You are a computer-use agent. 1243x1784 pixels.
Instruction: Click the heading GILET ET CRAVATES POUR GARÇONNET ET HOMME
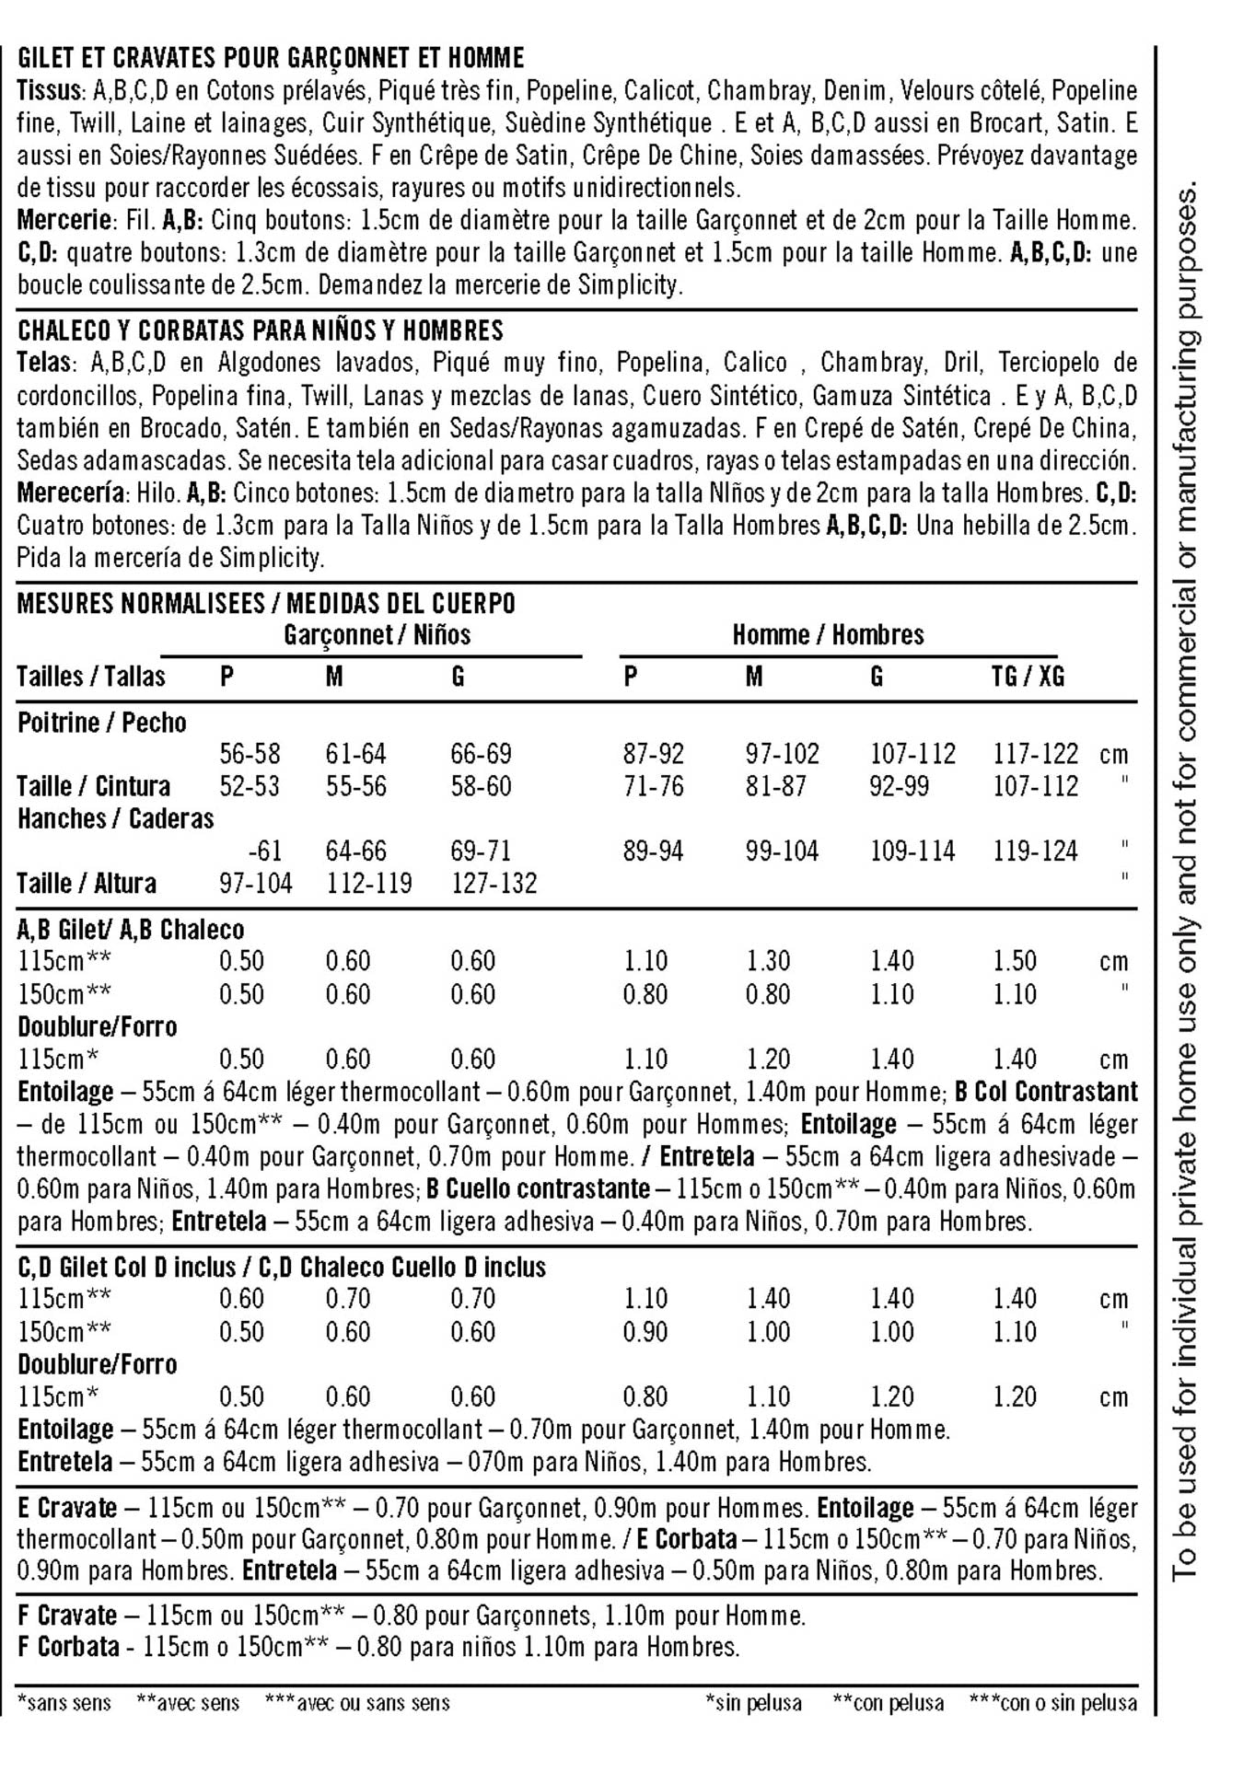coord(271,58)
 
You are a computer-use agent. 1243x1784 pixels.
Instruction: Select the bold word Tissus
coord(50,91)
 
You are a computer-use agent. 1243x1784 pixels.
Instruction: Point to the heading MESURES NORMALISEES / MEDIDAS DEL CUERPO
coord(266,604)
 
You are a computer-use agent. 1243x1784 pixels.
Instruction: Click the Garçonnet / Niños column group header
coord(377,634)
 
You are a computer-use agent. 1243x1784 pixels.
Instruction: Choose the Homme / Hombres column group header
coord(828,634)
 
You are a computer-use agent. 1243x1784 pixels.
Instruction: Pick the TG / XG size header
coord(1028,677)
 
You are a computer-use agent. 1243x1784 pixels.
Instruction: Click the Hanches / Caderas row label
coord(115,818)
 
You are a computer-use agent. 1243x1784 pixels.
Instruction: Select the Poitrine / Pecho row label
coord(101,723)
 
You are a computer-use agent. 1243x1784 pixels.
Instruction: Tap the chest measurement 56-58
coord(250,754)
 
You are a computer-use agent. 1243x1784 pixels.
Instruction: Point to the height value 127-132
coord(494,884)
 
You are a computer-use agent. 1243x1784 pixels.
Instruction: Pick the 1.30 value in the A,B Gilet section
coord(768,961)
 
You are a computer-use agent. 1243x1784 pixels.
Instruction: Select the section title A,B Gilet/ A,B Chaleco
coord(131,930)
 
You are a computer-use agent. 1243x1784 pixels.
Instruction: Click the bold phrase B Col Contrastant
coord(1046,1092)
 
